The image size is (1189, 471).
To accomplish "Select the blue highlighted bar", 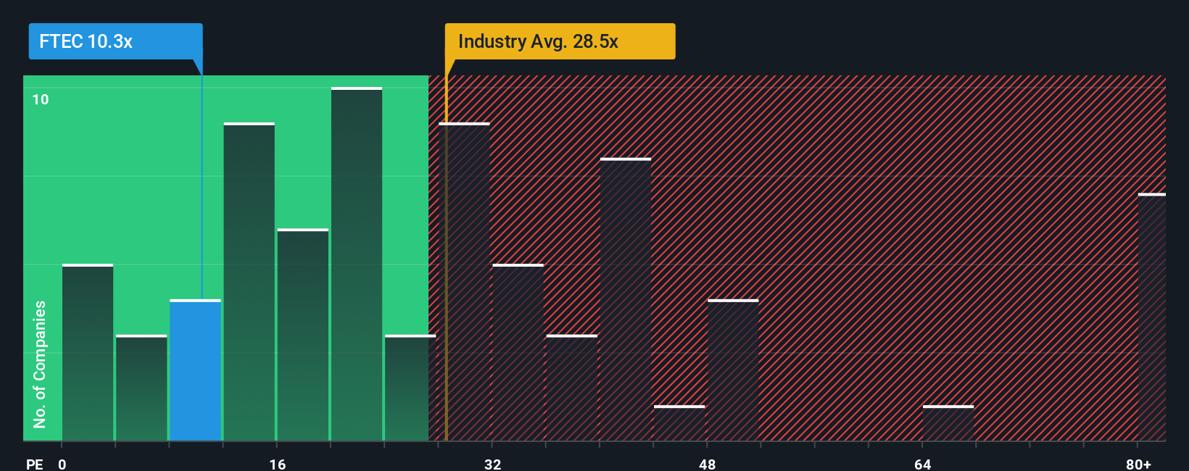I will click(195, 370).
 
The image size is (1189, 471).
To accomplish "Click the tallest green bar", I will click(357, 264).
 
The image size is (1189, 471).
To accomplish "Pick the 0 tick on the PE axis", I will click(62, 464).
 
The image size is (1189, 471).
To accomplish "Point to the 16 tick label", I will click(278, 464).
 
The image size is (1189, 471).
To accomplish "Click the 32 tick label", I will click(493, 464).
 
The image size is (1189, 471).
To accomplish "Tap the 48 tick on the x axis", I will click(708, 464).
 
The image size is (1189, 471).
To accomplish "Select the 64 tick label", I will click(922, 464).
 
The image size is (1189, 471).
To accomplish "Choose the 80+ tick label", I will click(1138, 464).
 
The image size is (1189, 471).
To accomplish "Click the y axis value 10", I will click(41, 99).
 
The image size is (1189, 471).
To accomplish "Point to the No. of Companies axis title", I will click(40, 364).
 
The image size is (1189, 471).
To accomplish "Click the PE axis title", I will click(34, 464).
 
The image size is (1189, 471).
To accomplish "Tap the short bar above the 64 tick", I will click(948, 423).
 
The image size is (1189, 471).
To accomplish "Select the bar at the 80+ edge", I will click(1152, 317).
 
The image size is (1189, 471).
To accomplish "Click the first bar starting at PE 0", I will click(88, 353).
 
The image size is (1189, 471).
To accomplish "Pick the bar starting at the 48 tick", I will click(733, 370).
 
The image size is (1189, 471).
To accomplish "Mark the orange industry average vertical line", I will click(446, 290).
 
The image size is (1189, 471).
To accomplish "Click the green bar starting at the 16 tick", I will click(303, 335).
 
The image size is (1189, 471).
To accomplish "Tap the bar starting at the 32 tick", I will click(518, 353).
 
